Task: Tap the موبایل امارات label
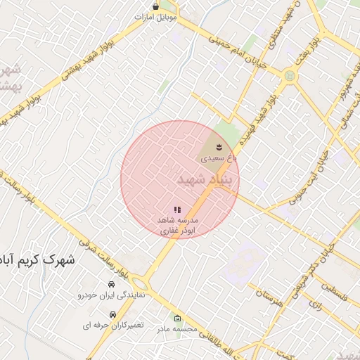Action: [155, 15]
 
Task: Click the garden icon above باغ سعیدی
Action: [220, 146]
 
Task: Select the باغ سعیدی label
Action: [219, 158]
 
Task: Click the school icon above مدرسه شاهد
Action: [177, 209]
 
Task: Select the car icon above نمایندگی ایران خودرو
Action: [112, 284]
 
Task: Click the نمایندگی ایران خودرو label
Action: [111, 295]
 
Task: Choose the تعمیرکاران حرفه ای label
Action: [112, 326]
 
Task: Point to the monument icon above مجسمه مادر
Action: [176, 317]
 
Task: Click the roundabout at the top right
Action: [288, 75]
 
